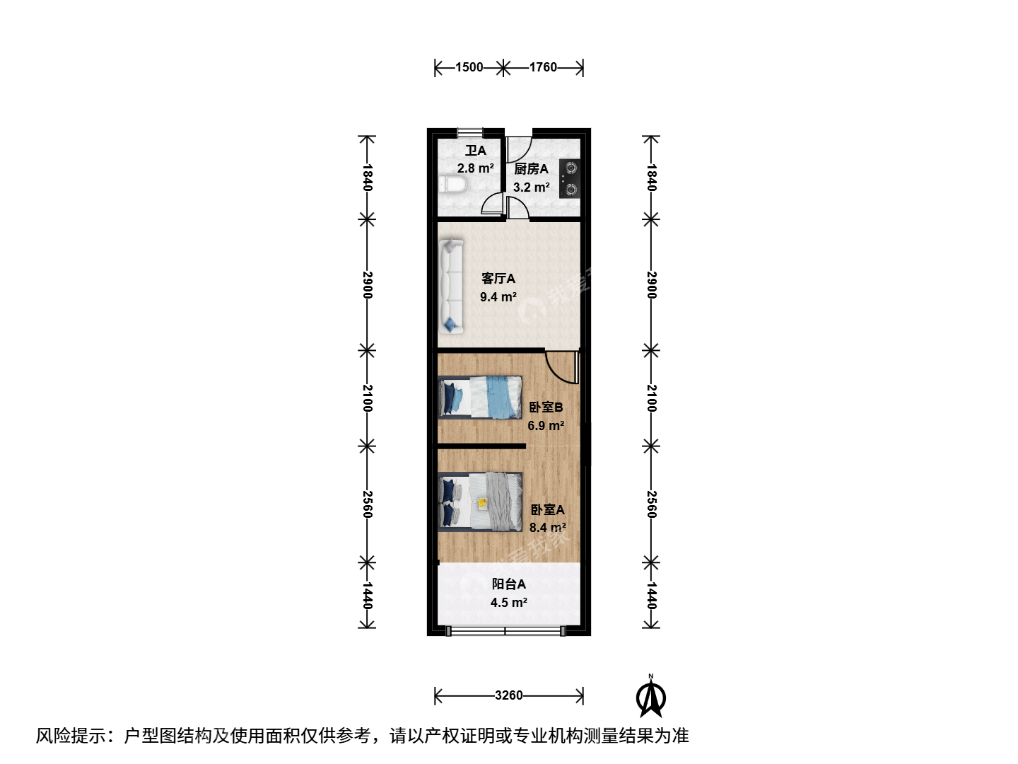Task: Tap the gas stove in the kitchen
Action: [x=570, y=178]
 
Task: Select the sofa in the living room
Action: [x=451, y=286]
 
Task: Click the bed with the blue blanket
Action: [x=480, y=397]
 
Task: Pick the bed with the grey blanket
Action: [x=480, y=502]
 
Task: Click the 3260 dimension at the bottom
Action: [x=509, y=695]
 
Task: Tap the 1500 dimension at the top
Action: [x=469, y=67]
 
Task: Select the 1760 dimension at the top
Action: [x=543, y=67]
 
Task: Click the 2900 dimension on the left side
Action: [x=367, y=285]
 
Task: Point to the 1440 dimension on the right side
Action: [x=651, y=595]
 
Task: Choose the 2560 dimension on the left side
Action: [x=367, y=504]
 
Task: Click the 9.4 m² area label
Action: [x=498, y=297]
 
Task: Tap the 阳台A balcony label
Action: [x=509, y=584]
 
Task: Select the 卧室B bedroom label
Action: [x=546, y=407]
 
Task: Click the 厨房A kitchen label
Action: [x=531, y=169]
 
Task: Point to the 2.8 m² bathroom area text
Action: [x=475, y=168]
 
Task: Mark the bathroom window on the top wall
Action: [x=470, y=133]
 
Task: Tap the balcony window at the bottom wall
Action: [x=505, y=631]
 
